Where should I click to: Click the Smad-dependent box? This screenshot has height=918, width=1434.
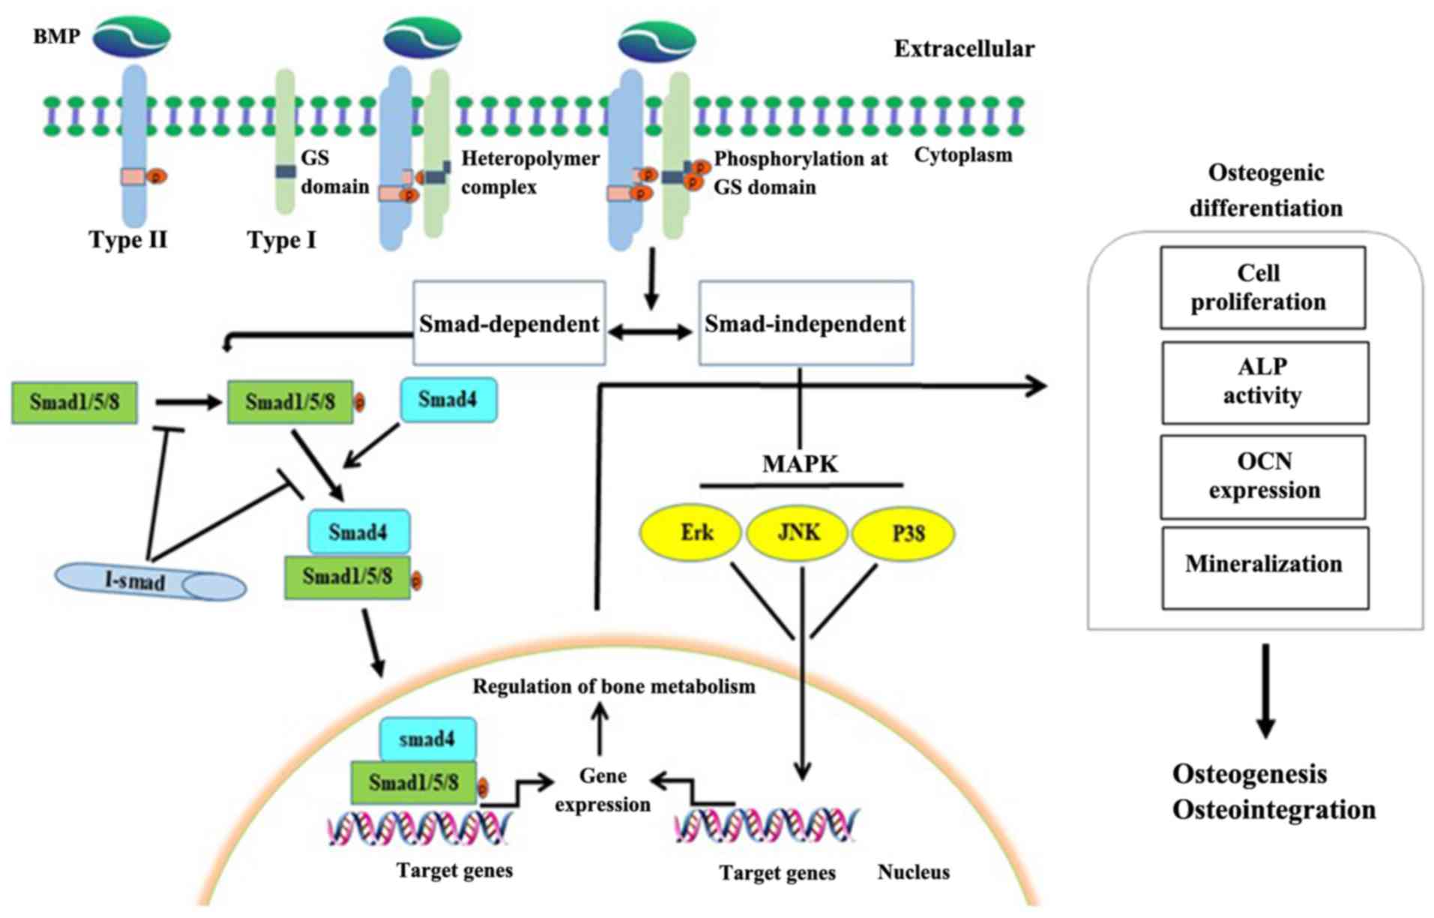coord(509,323)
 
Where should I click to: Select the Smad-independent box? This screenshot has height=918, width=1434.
coord(805,323)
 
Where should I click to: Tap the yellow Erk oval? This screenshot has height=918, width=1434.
coord(690,533)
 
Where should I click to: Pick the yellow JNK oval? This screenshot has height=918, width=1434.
coord(798,533)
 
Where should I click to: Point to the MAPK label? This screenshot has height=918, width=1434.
coord(800,464)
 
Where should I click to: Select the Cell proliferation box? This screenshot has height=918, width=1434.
coord(1262,287)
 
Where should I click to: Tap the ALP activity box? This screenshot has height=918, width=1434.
coord(1265,382)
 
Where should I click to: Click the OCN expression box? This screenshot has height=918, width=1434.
coord(1263,476)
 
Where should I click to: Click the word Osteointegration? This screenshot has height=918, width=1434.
coord(1274,811)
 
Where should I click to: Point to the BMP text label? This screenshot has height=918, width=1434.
coord(56,36)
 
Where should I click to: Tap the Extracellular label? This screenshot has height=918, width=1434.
coord(964,49)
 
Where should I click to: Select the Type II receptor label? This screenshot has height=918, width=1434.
coord(128,240)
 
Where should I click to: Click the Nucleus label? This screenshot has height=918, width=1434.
coord(913,872)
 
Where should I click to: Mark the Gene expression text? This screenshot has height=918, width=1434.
coord(603,790)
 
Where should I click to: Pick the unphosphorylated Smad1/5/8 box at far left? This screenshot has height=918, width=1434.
coord(74,402)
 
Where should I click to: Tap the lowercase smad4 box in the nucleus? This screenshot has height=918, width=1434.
coord(427,739)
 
